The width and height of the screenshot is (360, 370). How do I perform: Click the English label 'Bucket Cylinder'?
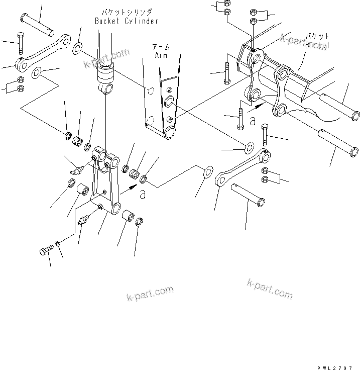click(x=127, y=21)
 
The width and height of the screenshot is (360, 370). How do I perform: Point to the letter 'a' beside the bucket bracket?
click(x=252, y=121)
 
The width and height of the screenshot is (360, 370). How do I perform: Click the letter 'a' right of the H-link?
click(x=143, y=195)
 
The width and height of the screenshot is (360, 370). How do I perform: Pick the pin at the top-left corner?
click(x=40, y=26)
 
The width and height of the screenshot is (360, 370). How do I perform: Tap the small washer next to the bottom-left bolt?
click(x=58, y=244)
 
